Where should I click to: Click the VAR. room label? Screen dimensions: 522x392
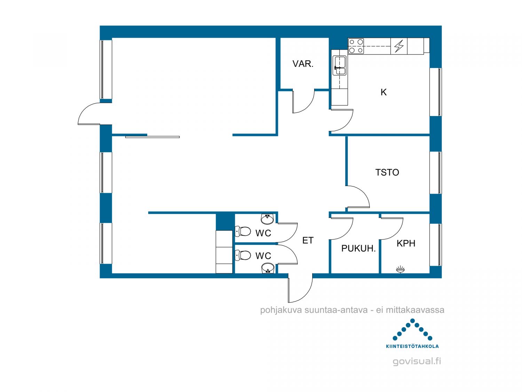(x=303, y=64)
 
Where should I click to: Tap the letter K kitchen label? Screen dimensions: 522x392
(x=383, y=92)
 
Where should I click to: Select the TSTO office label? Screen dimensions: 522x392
(x=387, y=172)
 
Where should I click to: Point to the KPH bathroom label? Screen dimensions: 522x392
(x=406, y=243)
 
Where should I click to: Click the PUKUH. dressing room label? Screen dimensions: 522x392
(x=358, y=248)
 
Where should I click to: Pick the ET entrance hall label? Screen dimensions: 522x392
(x=308, y=240)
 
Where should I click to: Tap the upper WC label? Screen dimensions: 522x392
(x=263, y=233)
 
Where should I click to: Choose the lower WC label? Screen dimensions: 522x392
(x=263, y=256)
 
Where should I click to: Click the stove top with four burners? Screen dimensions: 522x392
(x=356, y=46)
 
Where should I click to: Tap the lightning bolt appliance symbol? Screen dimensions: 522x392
(x=399, y=46)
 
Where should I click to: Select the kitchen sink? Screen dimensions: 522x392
(x=339, y=66)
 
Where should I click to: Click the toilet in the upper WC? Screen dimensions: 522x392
(x=243, y=231)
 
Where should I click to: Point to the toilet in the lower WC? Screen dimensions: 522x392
(x=243, y=255)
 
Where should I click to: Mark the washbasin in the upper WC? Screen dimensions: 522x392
(x=268, y=219)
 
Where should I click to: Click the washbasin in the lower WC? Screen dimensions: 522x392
(x=268, y=268)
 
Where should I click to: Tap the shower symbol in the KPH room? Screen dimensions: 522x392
(x=400, y=269)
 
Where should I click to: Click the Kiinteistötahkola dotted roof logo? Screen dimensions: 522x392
(x=412, y=333)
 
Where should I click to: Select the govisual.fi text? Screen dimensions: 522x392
(x=417, y=361)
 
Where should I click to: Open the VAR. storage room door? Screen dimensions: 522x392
(x=303, y=101)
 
